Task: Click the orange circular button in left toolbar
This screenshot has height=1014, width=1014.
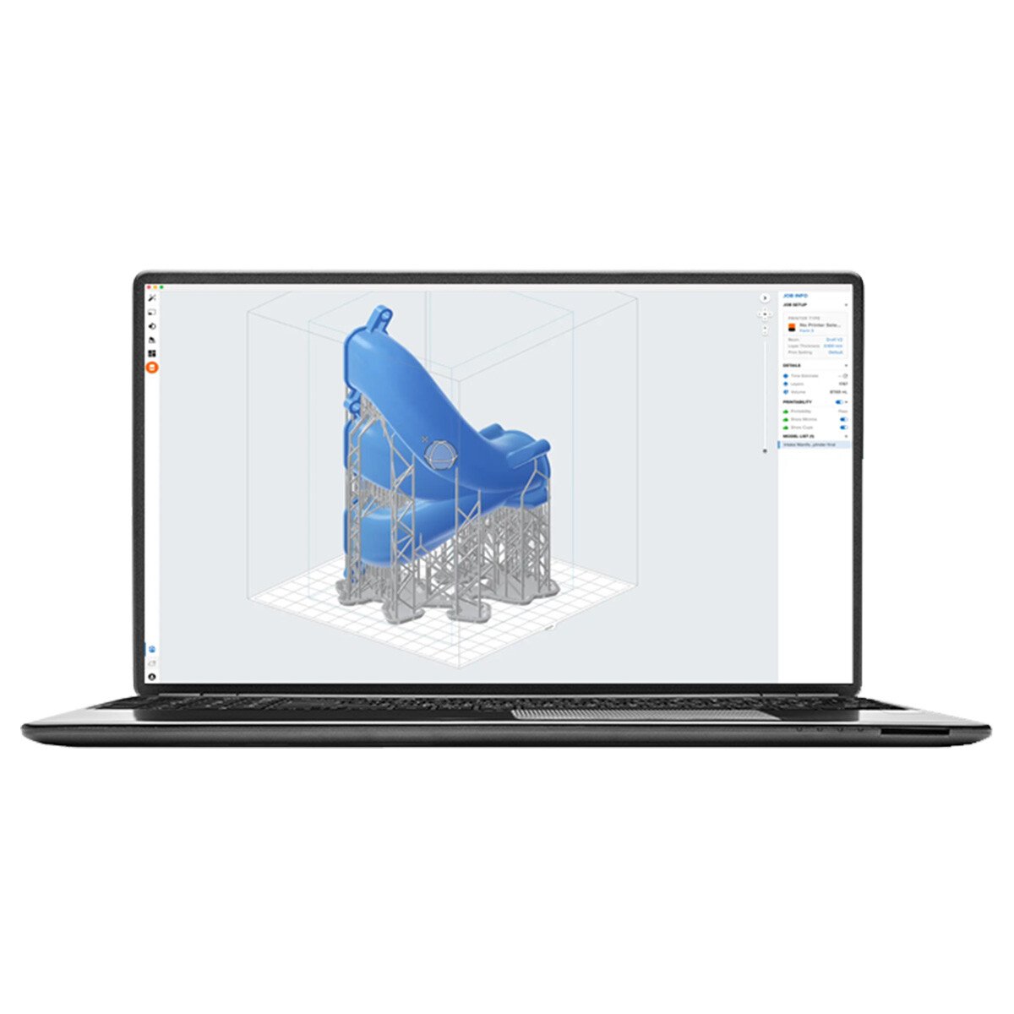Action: pos(152,367)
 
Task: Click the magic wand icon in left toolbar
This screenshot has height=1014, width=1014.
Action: pos(152,298)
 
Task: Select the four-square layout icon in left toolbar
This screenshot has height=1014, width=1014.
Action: pos(152,353)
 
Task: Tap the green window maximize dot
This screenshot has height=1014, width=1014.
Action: pos(161,287)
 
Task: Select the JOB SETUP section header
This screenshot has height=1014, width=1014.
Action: pos(796,304)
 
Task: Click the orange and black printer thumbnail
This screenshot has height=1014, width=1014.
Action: pos(792,327)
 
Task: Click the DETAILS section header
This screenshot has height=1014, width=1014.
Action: pos(793,366)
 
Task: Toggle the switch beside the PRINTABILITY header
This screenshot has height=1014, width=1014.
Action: pos(839,402)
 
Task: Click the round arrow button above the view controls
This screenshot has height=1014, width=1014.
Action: pos(766,298)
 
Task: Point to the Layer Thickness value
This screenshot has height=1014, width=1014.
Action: pos(832,346)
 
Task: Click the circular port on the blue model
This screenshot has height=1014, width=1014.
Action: pos(439,455)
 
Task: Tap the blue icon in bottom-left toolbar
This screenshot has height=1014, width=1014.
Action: pos(152,649)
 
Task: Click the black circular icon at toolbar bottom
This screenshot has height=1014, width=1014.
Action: pos(152,676)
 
